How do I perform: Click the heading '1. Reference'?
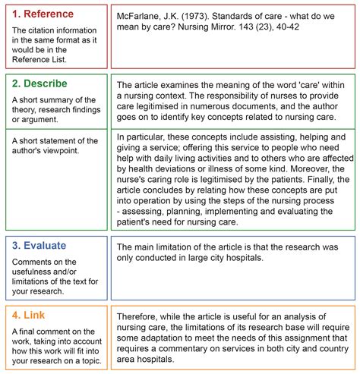tap(43, 14)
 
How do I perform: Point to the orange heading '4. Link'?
tap(31, 314)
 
